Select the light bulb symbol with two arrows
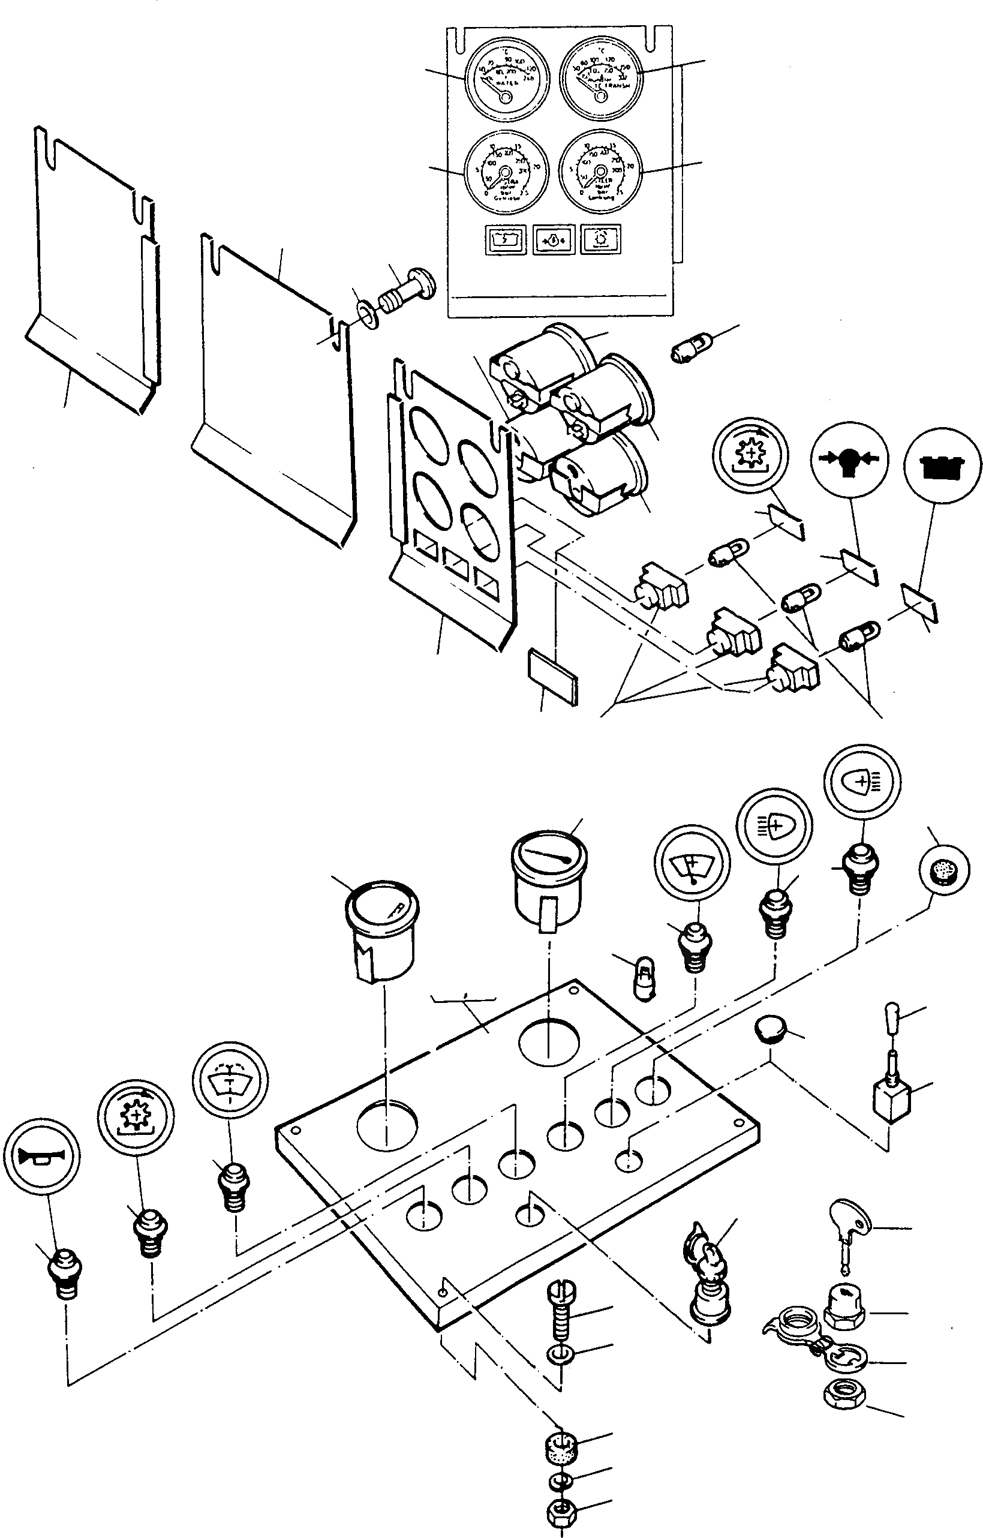pyautogui.click(x=849, y=459)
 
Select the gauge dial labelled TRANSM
pyautogui.click(x=600, y=78)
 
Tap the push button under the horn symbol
pyautogui.click(x=66, y=1272)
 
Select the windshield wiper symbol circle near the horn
pyautogui.click(x=230, y=1079)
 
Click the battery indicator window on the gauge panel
pyautogui.click(x=505, y=240)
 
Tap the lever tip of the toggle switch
pyautogui.click(x=893, y=1013)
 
